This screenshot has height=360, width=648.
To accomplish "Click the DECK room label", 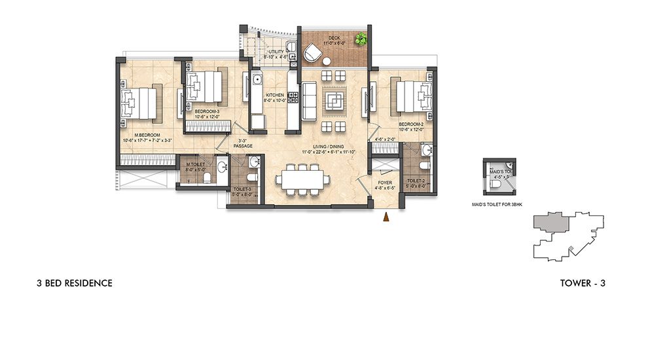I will [334, 37].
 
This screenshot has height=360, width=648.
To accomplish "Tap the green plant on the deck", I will [361, 40].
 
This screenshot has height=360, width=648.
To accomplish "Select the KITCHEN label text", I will [274, 95].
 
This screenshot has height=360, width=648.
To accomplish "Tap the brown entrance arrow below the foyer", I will [386, 217].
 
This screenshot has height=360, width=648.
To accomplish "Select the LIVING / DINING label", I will [327, 147].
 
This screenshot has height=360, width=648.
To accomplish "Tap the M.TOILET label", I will [196, 164].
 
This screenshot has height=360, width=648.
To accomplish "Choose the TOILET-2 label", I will [417, 181].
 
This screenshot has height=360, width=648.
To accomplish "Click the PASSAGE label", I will [242, 147].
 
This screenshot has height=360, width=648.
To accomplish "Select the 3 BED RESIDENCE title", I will [75, 283].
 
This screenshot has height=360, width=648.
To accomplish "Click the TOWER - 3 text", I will [586, 283].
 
